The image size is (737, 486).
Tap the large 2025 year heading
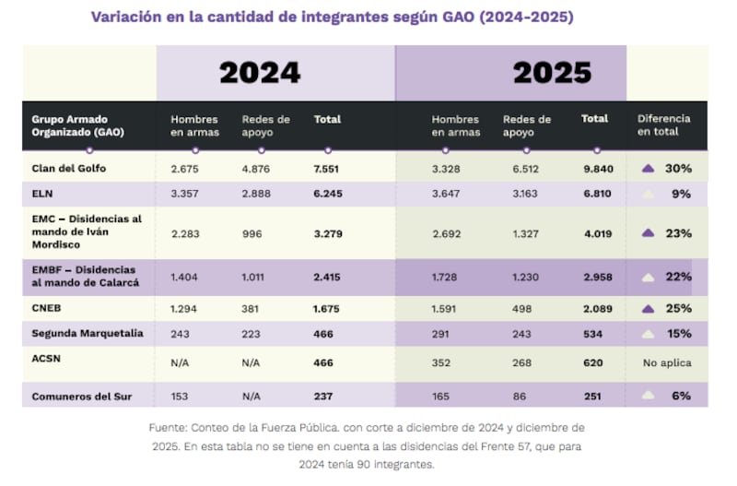552,73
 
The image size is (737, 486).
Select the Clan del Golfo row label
69,169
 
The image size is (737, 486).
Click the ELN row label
44,195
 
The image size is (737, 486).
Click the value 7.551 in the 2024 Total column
328,169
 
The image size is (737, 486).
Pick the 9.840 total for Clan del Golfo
596,169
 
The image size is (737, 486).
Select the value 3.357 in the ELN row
186,195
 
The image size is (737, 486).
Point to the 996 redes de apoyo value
252,233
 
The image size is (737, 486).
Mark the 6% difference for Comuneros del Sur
681,397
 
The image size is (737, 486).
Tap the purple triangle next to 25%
649,309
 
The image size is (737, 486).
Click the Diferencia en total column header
663,125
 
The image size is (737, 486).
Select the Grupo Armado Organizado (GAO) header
77,125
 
